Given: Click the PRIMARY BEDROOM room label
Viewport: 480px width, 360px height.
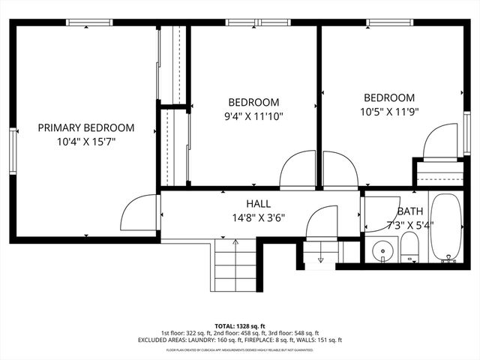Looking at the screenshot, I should [86, 127].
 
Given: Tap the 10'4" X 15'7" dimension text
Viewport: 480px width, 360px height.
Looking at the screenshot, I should [86, 141].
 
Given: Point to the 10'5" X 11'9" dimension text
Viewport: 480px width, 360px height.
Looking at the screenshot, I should [389, 112].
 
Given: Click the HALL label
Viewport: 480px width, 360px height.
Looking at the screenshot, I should [259, 204].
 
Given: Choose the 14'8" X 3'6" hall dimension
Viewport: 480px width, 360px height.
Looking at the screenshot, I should [259, 218].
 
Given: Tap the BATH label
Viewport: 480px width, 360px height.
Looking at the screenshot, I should [410, 211].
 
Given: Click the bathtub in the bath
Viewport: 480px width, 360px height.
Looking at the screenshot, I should [449, 229].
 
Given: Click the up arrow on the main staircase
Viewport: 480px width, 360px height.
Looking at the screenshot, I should [235, 242].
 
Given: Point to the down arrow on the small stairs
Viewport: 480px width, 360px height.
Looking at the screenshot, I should [320, 259].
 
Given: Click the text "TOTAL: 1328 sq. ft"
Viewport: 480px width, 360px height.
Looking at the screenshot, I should [240, 326].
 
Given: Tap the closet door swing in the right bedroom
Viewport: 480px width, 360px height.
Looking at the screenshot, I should [440, 142].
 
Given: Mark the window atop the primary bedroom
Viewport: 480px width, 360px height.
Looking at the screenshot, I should [91, 22].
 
